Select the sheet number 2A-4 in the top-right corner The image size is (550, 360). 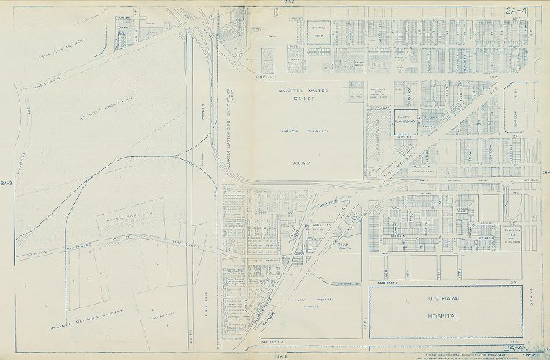pos(517,10)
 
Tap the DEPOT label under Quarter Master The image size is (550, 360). pos(303,100)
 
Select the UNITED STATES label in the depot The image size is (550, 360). pos(303,132)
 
